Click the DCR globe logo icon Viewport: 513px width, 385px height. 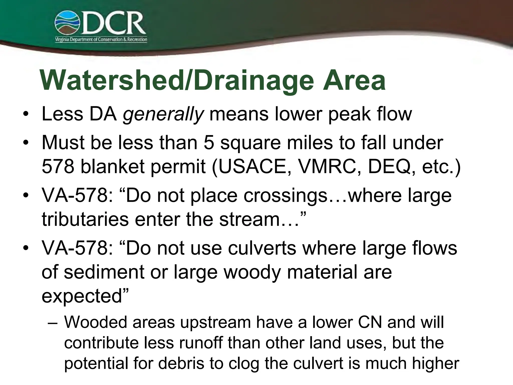[67, 23]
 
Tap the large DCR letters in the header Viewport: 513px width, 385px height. [113, 23]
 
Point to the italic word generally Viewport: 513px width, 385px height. [163, 114]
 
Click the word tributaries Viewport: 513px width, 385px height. [85, 219]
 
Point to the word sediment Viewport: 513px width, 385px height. [104, 272]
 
